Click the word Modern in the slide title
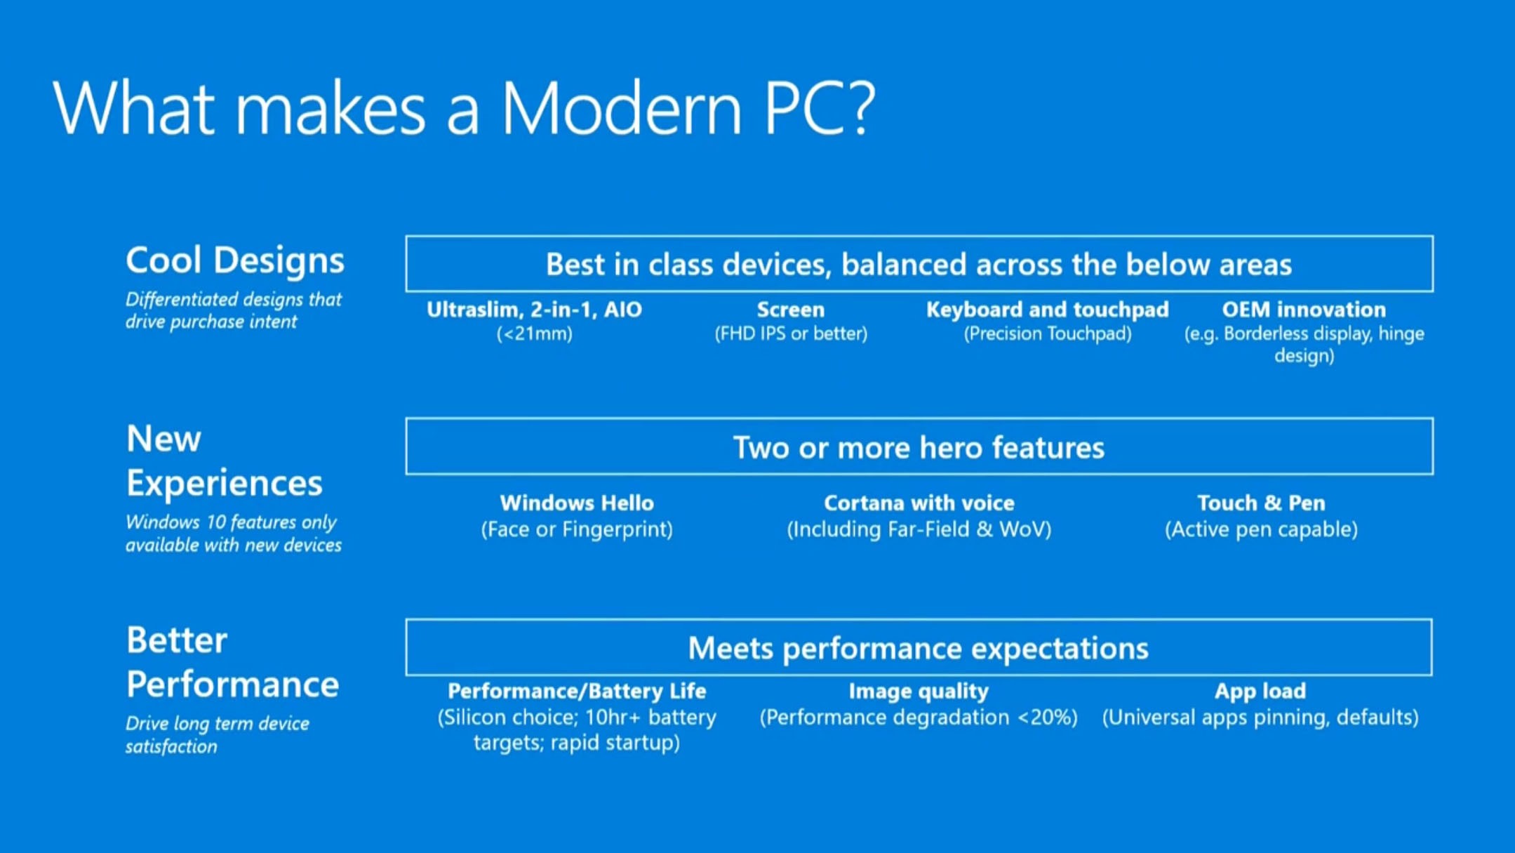coord(621,109)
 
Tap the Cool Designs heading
coord(234,260)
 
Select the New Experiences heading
coord(223,461)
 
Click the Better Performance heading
coord(232,662)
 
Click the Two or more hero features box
coord(919,447)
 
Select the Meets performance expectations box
coord(919,648)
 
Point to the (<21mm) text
coord(534,333)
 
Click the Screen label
coord(790,310)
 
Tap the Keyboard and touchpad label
coord(1047,310)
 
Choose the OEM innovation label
coord(1304,310)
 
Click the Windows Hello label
coord(576,503)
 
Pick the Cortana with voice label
coord(919,503)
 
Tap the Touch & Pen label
coord(1261,503)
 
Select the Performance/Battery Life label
coord(576,692)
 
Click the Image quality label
coord(919,692)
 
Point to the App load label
coord(1260,692)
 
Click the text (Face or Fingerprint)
coord(576,529)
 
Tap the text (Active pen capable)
coord(1261,529)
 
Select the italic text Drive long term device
coord(217,724)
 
